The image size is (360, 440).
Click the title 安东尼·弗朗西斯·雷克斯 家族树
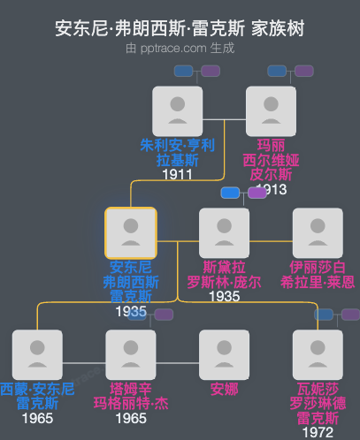click(180, 28)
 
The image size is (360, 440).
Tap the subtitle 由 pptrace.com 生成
click(180, 49)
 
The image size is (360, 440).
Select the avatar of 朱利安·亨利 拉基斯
click(177, 110)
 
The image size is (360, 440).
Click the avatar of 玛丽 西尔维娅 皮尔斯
click(271, 110)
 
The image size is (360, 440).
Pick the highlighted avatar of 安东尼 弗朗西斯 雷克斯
click(131, 232)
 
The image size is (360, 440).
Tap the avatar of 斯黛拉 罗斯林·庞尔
click(225, 232)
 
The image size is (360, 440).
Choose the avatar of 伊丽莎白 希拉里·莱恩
click(318, 232)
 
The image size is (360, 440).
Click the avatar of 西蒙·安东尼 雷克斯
click(37, 354)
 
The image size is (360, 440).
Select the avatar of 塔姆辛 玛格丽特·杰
click(131, 354)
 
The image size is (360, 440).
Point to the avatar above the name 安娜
click(225, 354)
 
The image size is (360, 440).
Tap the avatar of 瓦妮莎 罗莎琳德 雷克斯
click(318, 354)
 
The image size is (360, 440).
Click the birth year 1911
click(177, 174)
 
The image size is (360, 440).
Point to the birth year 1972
click(318, 432)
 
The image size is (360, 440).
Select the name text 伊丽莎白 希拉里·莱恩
click(318, 274)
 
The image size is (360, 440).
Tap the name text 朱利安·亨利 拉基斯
click(177, 152)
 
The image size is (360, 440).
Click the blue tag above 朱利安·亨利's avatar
click(184, 71)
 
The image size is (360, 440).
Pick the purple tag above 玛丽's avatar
click(303, 71)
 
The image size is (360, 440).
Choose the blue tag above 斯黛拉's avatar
click(231, 193)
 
